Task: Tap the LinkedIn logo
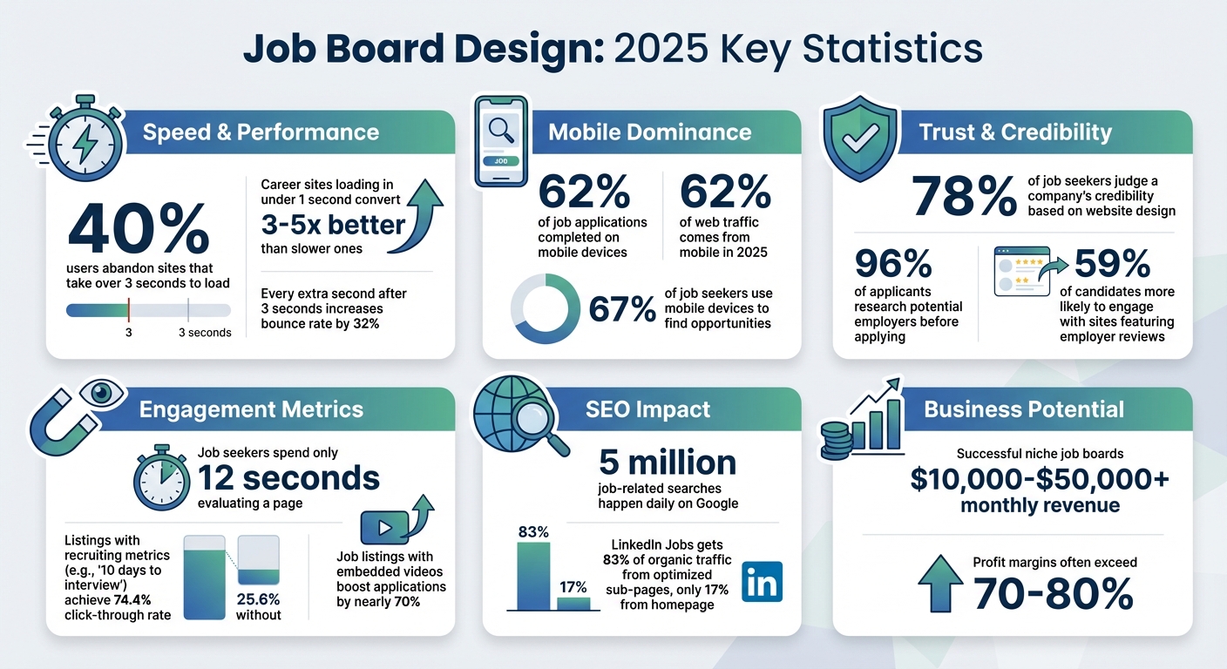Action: point(762,581)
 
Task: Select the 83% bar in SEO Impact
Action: point(533,576)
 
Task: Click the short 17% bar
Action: point(573,603)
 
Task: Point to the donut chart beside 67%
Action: point(544,308)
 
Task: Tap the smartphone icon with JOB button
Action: point(501,141)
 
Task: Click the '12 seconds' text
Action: point(288,477)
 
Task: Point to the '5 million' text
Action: point(668,462)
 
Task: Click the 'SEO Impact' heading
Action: point(647,409)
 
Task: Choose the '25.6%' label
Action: point(258,598)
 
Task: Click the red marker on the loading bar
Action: point(128,309)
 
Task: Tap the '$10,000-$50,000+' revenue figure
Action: point(1040,479)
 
